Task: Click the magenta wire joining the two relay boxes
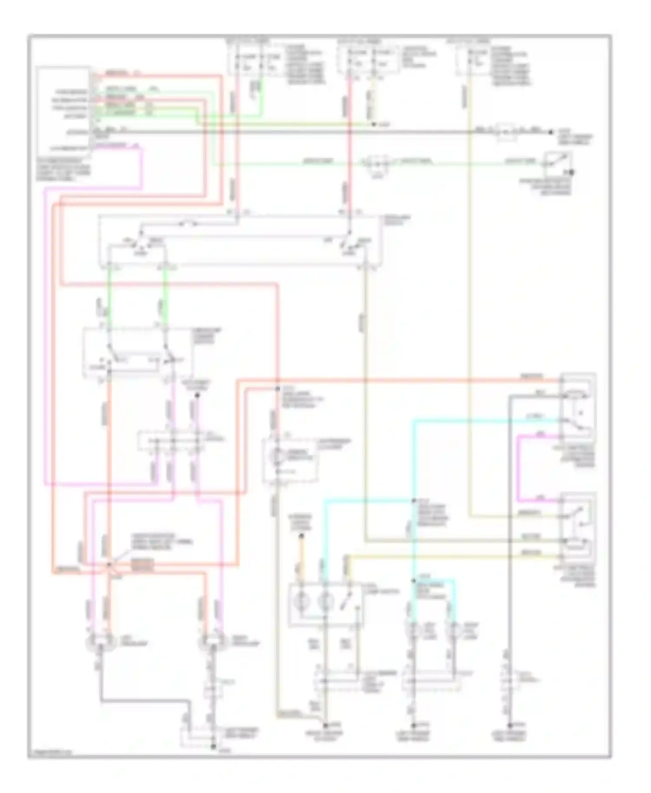(x=519, y=469)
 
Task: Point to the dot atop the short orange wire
(x=301, y=537)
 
